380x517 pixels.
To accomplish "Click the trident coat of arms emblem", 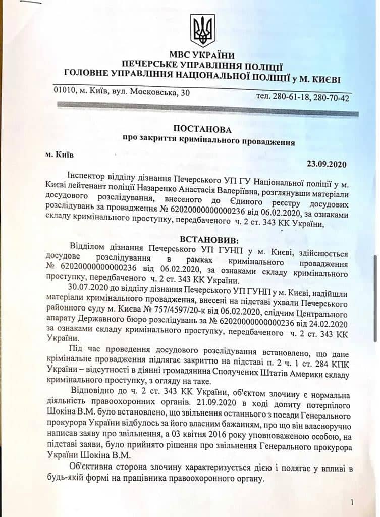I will click(x=202, y=30).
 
